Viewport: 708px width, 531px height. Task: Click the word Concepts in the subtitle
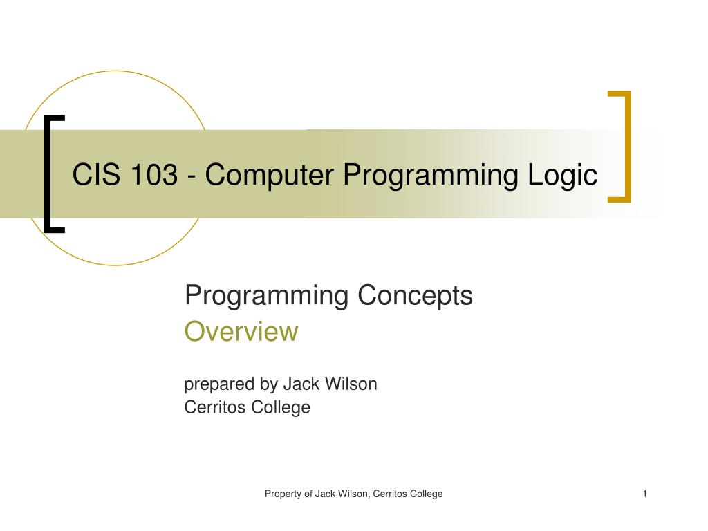pyautogui.click(x=415, y=296)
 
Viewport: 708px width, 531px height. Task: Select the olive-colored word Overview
pyautogui.click(x=241, y=332)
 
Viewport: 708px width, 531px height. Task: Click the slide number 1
pyautogui.click(x=644, y=494)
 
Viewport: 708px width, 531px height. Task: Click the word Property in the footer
pyautogui.click(x=283, y=494)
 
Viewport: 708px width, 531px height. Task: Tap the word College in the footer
pyautogui.click(x=426, y=494)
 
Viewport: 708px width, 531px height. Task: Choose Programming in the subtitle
pyautogui.click(x=266, y=296)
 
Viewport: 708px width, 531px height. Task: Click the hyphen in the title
pyautogui.click(x=190, y=177)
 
